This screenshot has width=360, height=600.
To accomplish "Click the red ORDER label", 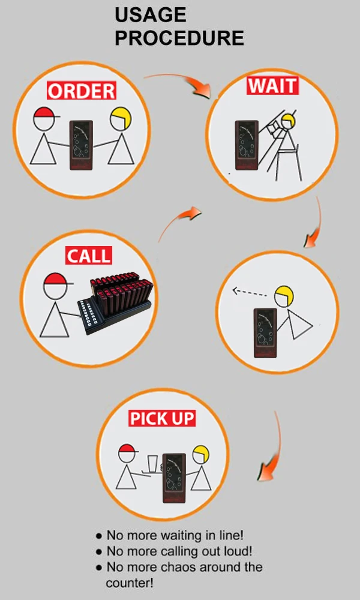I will click(81, 91).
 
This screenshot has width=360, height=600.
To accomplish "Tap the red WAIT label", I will click(272, 85).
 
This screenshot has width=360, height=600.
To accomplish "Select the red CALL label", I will click(89, 256).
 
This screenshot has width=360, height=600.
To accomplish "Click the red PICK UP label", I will click(162, 418).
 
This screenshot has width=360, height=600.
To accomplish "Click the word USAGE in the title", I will click(150, 14).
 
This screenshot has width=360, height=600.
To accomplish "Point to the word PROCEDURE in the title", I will click(179, 38).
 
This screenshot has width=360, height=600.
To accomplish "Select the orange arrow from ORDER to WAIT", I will click(180, 83).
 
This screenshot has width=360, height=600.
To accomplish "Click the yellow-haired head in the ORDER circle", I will click(120, 118).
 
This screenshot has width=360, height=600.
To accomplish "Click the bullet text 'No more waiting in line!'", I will click(175, 535).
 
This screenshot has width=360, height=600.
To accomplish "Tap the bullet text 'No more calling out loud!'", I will click(179, 551).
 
